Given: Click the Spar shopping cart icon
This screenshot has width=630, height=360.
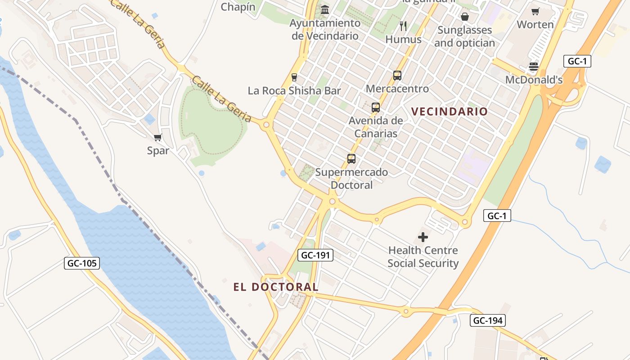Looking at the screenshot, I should [x=157, y=137].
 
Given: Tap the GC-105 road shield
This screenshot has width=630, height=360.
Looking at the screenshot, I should [x=82, y=263].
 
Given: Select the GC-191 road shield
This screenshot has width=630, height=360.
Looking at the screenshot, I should [x=315, y=255].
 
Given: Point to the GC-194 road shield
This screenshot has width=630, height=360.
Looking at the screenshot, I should [x=488, y=320].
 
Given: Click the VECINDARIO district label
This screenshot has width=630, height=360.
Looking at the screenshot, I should [x=450, y=112].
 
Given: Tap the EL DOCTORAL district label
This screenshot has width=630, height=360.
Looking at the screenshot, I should [x=276, y=287].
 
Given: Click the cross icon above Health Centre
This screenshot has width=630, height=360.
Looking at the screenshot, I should [x=423, y=237].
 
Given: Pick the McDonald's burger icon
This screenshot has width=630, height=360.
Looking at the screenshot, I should [x=534, y=67].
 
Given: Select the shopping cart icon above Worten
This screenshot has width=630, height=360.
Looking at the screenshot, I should [x=535, y=11].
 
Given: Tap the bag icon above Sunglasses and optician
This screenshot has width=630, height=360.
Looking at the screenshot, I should [x=465, y=17].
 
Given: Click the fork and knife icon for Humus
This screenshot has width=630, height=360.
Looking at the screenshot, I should [x=403, y=26].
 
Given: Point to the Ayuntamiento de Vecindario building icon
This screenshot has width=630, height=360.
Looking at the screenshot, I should [x=325, y=9].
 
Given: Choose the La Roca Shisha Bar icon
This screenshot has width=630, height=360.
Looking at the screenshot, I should [x=294, y=77].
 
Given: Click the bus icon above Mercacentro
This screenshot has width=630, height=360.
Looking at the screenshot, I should [x=397, y=75].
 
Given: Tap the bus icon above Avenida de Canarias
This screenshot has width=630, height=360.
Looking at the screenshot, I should [x=376, y=108].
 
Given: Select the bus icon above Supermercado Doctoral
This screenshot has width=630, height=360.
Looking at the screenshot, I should [x=351, y=159].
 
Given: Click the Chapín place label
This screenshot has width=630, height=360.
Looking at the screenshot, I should [x=238, y=7].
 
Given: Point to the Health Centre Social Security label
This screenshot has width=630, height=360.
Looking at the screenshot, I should [x=423, y=256].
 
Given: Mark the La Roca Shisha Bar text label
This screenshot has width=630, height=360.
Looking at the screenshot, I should [x=294, y=91].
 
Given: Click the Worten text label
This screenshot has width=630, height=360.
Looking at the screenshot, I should [x=535, y=25].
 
